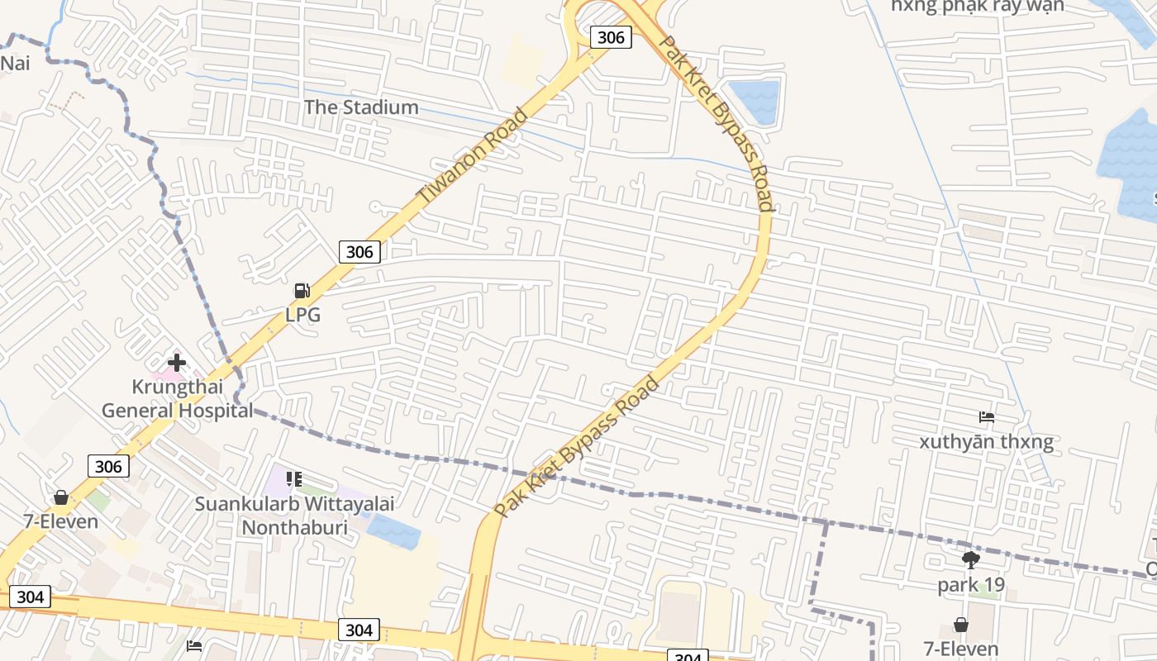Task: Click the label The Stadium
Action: point(361,107)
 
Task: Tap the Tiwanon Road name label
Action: point(473,157)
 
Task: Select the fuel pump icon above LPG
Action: point(302,290)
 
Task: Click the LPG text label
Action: point(302,315)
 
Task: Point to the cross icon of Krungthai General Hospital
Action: point(176,362)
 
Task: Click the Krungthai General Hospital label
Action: point(177,398)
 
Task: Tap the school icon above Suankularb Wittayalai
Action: point(294,479)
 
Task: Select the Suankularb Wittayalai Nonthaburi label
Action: point(294,515)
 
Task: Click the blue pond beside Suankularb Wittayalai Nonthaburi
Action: point(393,530)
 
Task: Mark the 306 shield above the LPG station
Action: point(359,252)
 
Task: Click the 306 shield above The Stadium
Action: point(611,37)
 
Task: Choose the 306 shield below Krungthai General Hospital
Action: point(108,467)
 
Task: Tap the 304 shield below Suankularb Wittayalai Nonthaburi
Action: point(359,630)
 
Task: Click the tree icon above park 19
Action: point(971,560)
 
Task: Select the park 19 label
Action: point(971,585)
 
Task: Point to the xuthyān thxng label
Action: point(986,442)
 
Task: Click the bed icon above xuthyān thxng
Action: point(986,416)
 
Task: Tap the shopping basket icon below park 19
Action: point(960,625)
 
